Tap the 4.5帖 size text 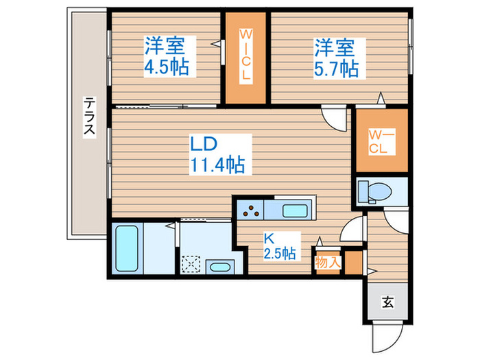167,68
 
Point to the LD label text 204,145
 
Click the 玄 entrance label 387,302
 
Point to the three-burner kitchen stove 251,210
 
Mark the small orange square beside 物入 352,263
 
